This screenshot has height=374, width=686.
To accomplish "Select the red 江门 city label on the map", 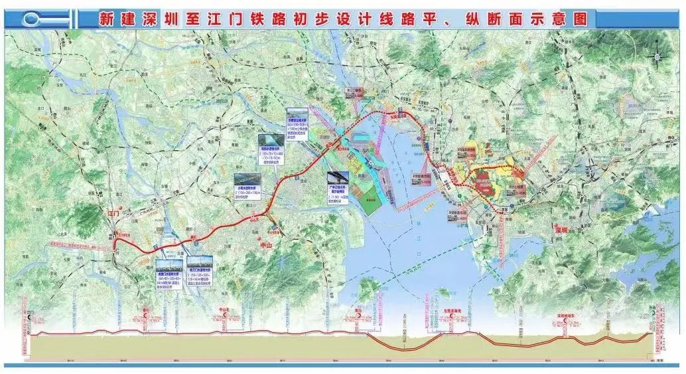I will click(x=113, y=214).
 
